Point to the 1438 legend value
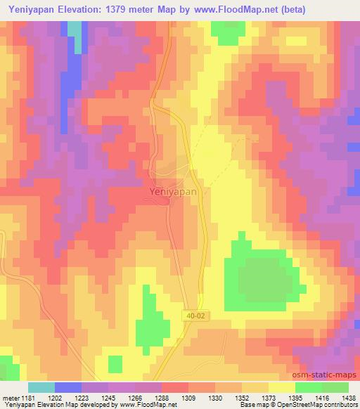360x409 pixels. pos(349,397)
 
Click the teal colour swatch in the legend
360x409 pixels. pos(41,387)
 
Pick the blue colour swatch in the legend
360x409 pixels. pos(68,387)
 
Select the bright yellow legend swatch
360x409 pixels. pos(281,387)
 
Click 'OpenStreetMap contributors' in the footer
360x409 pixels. pos(323,405)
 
